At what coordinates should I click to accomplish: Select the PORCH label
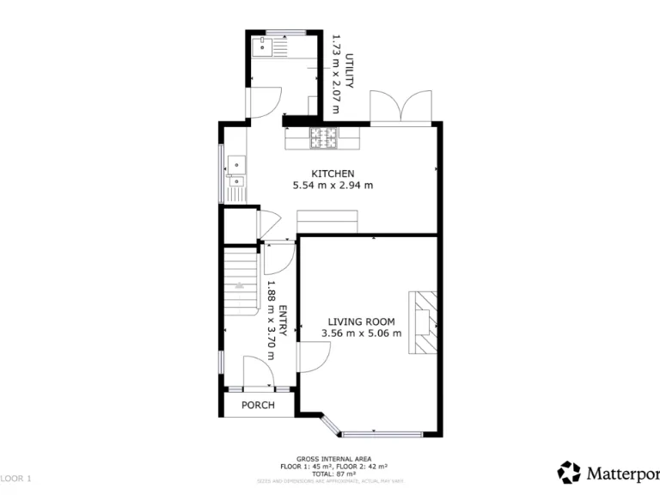click(x=258, y=405)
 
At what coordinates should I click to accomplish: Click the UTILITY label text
click(x=350, y=72)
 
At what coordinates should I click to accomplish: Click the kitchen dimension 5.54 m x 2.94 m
click(x=333, y=186)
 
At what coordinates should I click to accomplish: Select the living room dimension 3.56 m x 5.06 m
click(x=361, y=333)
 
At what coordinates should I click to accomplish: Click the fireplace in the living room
click(x=425, y=321)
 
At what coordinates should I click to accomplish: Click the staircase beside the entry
click(x=241, y=281)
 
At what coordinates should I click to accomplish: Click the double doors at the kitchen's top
click(x=400, y=106)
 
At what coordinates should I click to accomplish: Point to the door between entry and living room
click(x=313, y=356)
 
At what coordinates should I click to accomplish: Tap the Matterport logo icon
click(x=569, y=473)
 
